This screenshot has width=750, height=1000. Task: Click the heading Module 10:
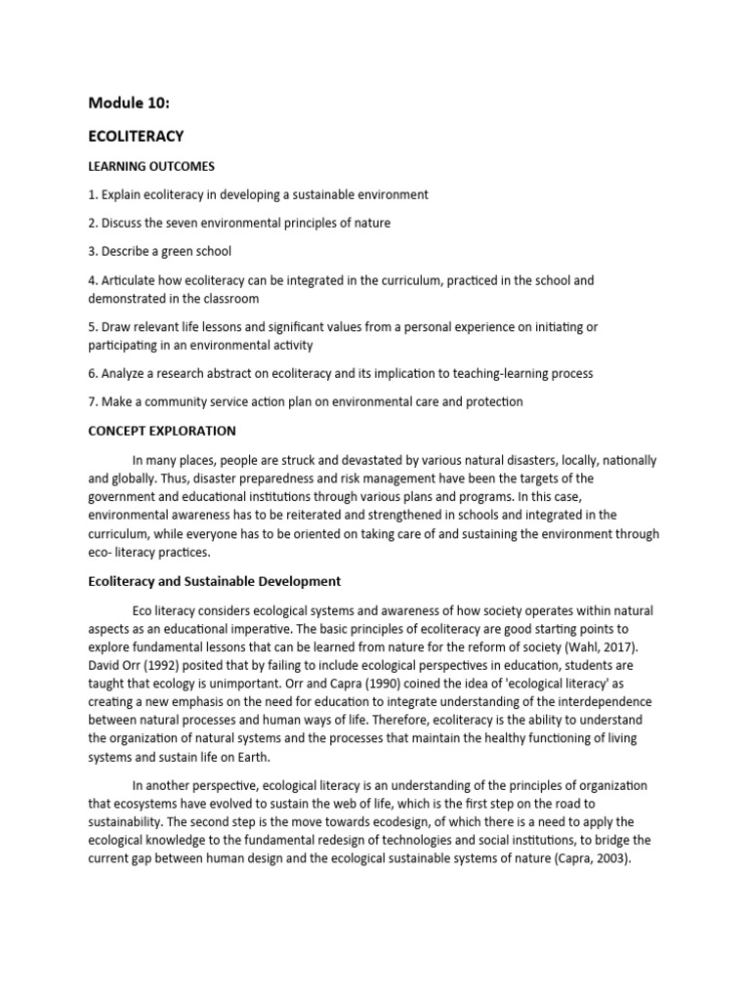click(129, 103)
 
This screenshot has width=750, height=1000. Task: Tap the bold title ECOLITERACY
click(136, 136)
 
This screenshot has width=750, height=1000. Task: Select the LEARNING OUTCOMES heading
click(151, 166)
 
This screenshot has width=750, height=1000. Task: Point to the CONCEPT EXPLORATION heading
click(161, 431)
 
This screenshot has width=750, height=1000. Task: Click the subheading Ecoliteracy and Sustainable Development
click(214, 581)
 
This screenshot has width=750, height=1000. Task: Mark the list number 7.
click(92, 401)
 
